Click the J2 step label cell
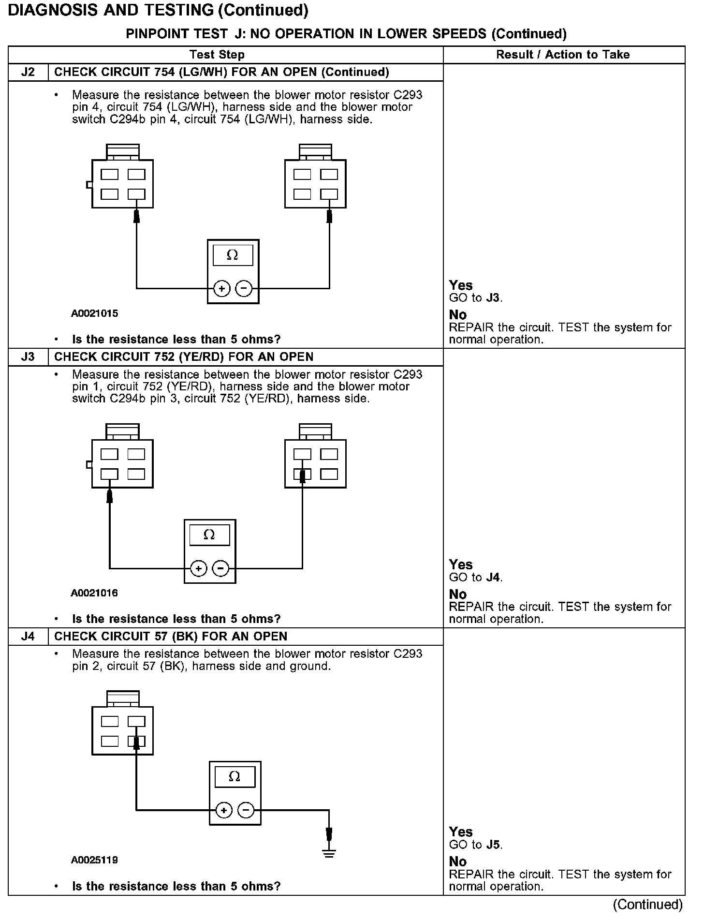tap(28, 73)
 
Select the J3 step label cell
tap(28, 357)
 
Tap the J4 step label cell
tap(28, 637)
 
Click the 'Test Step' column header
tap(217, 55)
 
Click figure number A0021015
tap(94, 313)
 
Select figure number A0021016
tap(94, 593)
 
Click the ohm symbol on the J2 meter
tap(233, 255)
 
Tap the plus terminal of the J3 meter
tap(198, 568)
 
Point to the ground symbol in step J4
tap(329, 854)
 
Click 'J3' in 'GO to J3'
tap(492, 298)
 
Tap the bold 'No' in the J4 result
tap(457, 861)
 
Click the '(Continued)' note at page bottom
tap(647, 905)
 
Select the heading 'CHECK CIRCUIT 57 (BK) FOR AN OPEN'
tap(171, 637)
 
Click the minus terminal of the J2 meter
tap(244, 289)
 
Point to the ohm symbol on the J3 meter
tap(209, 535)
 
